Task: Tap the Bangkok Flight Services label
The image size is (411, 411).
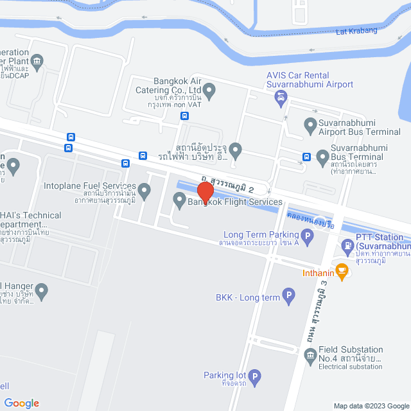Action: [234, 202]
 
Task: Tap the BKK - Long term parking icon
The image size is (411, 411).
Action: [289, 297]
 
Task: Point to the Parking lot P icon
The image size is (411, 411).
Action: [254, 377]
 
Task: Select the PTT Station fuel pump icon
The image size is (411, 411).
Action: [347, 244]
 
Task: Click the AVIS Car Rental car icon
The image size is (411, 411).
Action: [280, 98]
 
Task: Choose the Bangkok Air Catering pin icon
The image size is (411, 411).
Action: [209, 90]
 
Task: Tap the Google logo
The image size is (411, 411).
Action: [21, 403]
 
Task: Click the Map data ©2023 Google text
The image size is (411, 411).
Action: [371, 406]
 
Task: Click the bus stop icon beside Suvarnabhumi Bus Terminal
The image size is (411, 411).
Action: [306, 156]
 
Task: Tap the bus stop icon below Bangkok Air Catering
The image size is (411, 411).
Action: [184, 116]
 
